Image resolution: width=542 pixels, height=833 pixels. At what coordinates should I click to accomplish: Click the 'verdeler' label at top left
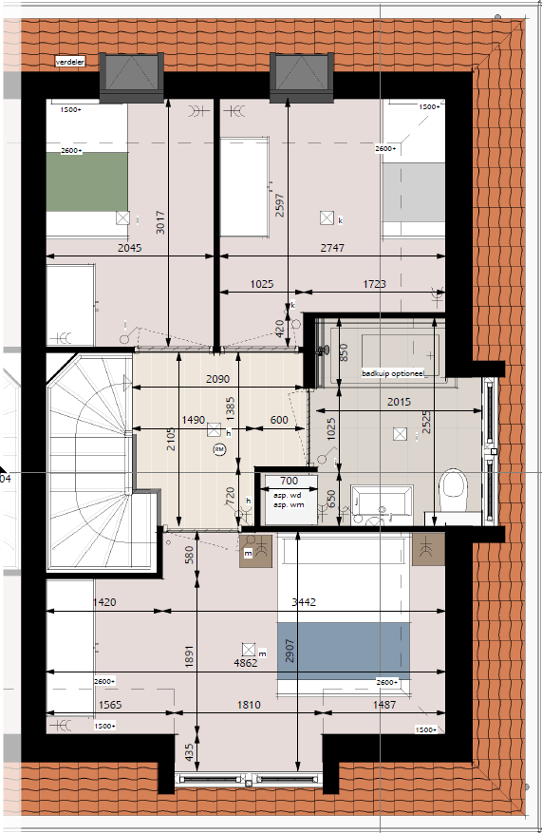pos(71,62)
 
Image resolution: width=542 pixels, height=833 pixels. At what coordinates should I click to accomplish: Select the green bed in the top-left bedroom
pos(87,180)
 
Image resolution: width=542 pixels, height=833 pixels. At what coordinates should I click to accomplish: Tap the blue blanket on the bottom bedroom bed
pos(344,649)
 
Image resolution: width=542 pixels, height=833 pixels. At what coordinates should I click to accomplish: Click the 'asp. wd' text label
pos(287,496)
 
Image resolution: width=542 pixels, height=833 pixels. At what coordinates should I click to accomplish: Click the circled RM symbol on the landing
pos(219,449)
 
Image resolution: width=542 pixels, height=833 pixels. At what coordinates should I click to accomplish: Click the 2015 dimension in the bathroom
pos(400,403)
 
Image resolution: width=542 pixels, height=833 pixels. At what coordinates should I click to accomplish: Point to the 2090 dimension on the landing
pos(219,380)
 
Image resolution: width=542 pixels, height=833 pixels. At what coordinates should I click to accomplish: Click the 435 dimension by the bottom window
pos(189,754)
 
